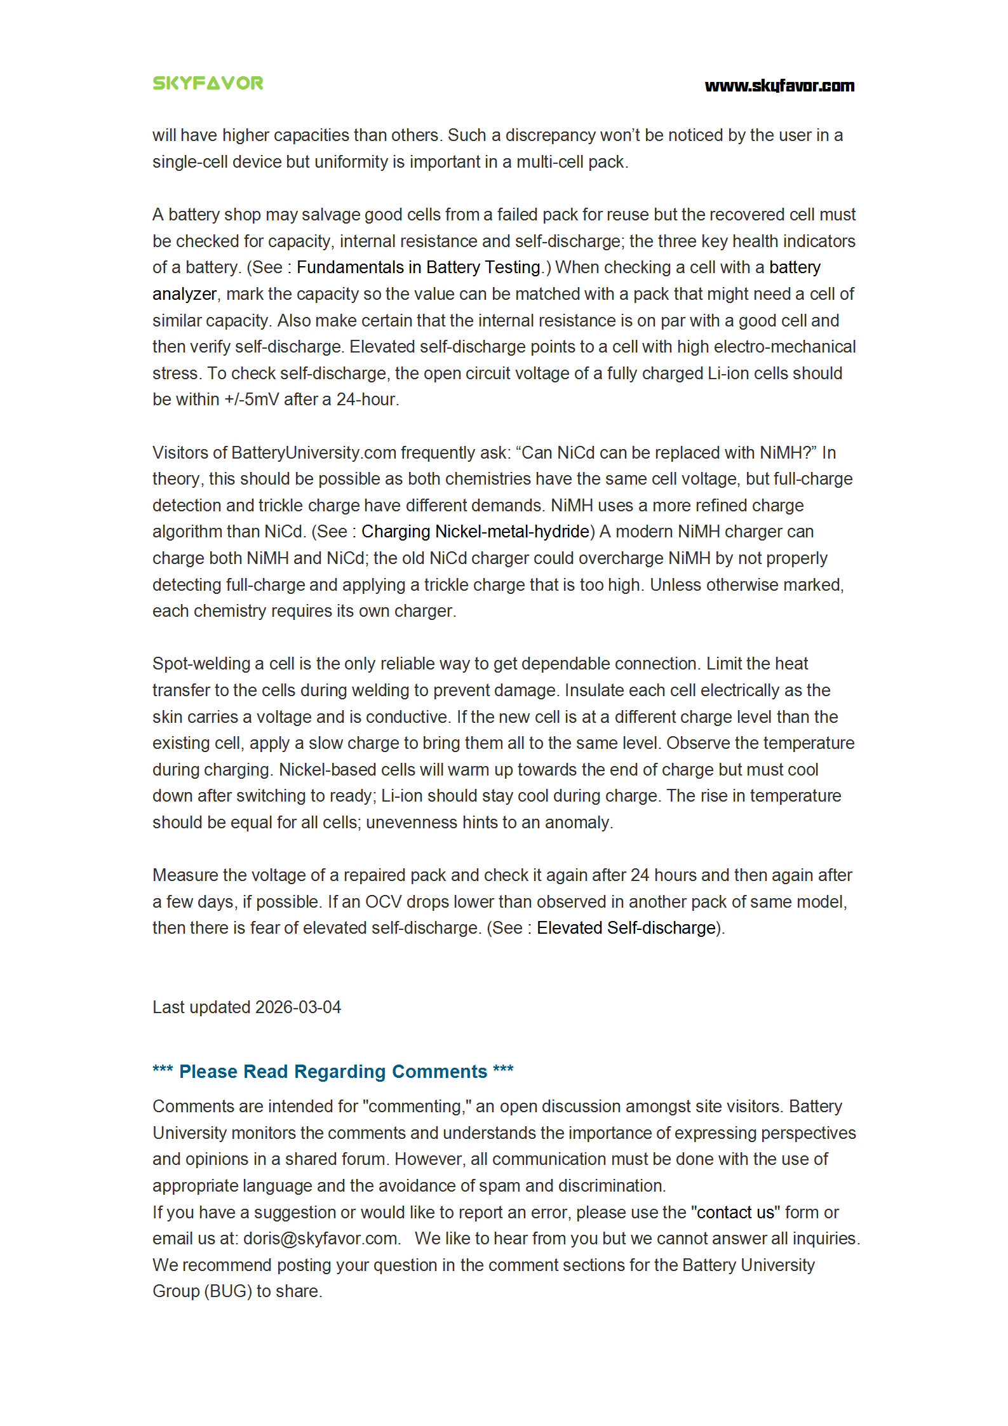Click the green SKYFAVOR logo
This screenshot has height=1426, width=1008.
tap(208, 83)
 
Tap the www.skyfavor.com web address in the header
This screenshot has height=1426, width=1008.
tap(779, 86)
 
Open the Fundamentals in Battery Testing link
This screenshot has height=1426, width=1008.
tap(419, 267)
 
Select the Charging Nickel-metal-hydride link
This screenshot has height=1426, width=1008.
tap(476, 532)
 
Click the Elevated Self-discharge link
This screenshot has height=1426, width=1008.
tap(626, 928)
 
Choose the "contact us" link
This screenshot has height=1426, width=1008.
tap(736, 1213)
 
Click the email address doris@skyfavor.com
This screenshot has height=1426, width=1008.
tap(321, 1239)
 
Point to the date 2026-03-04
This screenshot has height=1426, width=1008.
tap(298, 1007)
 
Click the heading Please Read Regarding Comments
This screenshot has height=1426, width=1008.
tap(333, 1072)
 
